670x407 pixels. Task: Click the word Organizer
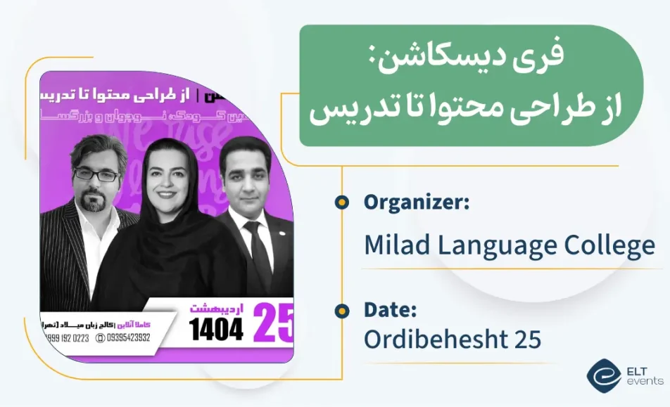(416, 202)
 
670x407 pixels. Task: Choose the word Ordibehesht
(433, 340)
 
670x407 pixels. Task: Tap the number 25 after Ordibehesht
(527, 340)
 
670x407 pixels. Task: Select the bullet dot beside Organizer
(341, 202)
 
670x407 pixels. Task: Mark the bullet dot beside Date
(341, 310)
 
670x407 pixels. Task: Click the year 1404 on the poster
(217, 328)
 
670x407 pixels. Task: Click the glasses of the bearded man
(96, 174)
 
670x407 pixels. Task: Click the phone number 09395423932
(128, 337)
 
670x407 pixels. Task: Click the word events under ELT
(644, 381)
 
